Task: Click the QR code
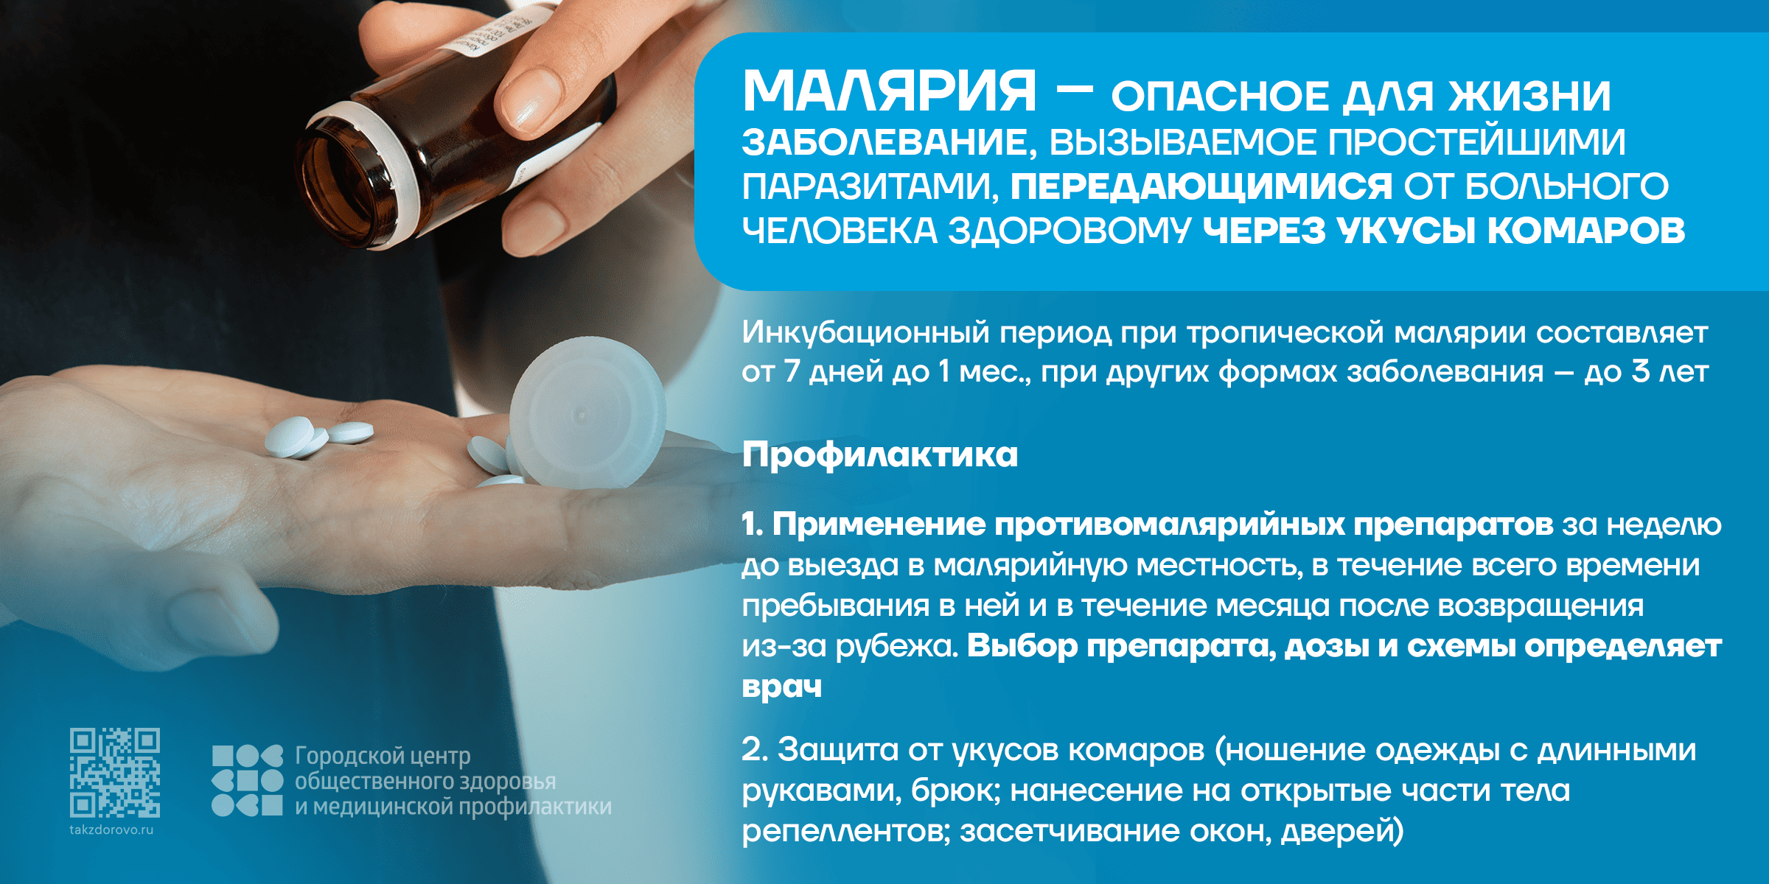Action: pos(115,773)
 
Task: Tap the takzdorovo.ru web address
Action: pos(111,830)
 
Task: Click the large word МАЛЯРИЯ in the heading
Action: pos(890,91)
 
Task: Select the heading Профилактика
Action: pos(880,455)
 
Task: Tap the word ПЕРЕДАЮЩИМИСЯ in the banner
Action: pos(1201,186)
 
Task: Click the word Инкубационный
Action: pos(866,333)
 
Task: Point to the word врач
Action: pos(782,687)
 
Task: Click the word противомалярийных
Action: pos(1169,525)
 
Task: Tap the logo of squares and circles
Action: pos(247,780)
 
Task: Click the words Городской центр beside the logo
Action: pos(383,756)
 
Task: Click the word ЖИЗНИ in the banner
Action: pos(1530,97)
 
